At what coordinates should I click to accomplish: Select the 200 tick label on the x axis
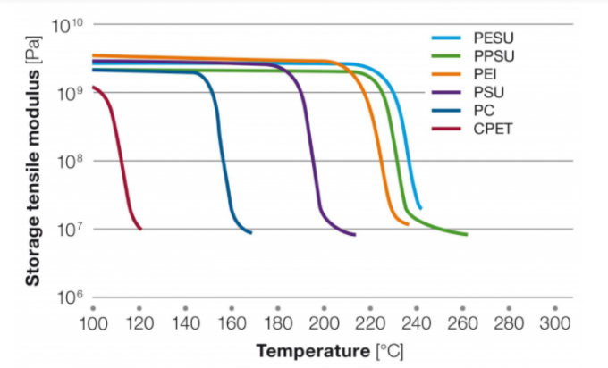(x=324, y=322)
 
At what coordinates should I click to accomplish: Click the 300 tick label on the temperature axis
(x=554, y=322)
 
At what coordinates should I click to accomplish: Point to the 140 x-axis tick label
(x=185, y=322)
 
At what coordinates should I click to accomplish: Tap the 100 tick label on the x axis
(x=93, y=322)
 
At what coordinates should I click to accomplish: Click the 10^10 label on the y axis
(x=66, y=26)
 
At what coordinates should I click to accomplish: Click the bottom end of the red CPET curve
(x=140, y=229)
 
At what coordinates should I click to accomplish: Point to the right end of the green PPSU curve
(x=467, y=235)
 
